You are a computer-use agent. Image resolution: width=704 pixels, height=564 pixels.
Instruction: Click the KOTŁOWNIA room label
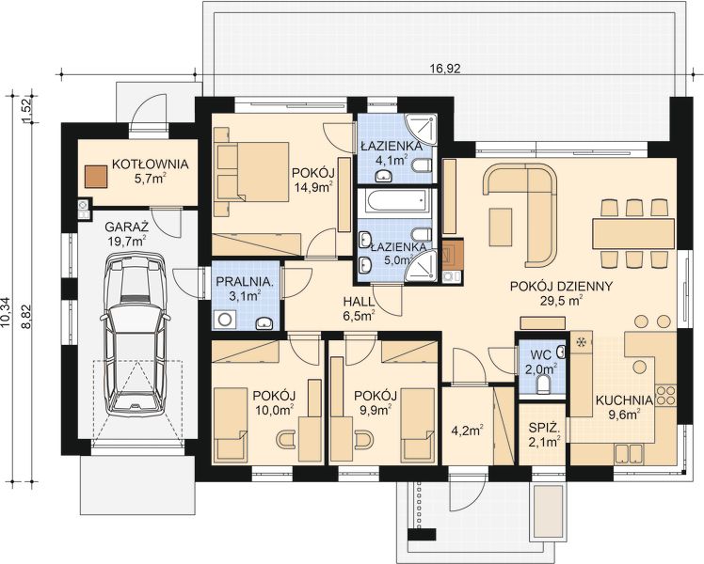(150, 164)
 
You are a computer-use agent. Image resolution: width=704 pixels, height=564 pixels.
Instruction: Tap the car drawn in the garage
(135, 335)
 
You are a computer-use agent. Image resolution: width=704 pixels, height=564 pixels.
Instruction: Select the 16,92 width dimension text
(445, 69)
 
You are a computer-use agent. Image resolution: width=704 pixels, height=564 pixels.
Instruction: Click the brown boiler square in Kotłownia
(96, 176)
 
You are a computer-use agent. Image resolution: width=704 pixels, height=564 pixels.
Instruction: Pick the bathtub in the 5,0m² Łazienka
(394, 202)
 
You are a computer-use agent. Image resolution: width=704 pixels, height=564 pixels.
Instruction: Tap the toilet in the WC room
(543, 384)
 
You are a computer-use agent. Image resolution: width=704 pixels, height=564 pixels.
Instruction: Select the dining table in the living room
(633, 233)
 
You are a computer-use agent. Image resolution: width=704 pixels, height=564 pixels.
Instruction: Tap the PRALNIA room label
(245, 282)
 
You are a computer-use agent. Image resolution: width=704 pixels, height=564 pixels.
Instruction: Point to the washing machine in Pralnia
(225, 320)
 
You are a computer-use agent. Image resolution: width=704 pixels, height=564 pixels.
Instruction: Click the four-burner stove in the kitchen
(665, 395)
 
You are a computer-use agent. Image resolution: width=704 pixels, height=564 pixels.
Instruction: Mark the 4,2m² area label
(467, 431)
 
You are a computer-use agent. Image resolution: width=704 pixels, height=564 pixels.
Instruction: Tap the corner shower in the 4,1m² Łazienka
(421, 129)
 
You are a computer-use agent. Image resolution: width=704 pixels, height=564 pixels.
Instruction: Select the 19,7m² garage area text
(126, 241)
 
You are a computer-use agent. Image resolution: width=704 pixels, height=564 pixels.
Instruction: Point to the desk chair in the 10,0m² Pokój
(286, 439)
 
